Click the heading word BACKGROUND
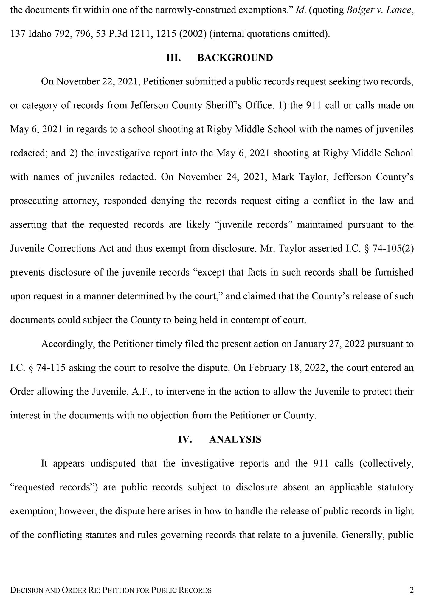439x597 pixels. point(235,58)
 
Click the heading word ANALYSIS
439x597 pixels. point(235,439)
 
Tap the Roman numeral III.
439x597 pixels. point(173,58)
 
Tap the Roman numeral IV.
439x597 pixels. point(185,439)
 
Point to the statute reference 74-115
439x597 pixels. point(51,368)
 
